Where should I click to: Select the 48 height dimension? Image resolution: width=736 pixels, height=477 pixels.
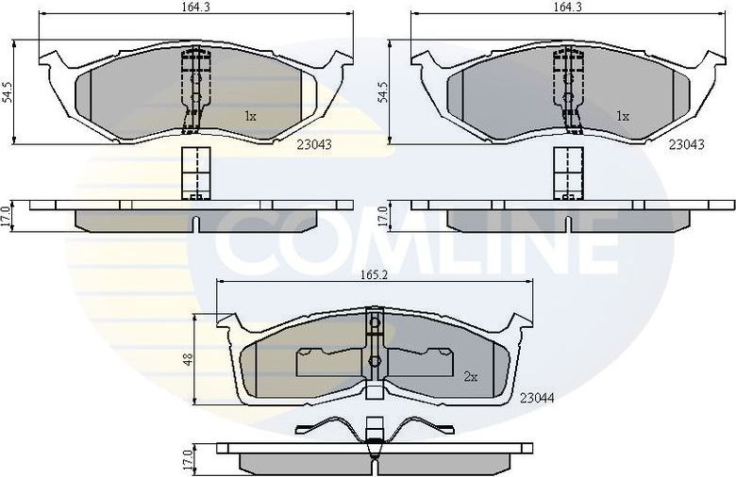(x=188, y=359)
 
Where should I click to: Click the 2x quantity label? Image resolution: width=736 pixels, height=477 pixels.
(x=471, y=376)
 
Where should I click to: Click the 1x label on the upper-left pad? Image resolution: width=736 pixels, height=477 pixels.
(x=250, y=117)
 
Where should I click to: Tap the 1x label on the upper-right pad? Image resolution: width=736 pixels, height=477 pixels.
(x=622, y=117)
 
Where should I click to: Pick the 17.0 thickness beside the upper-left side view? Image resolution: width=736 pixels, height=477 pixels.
(x=8, y=215)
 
